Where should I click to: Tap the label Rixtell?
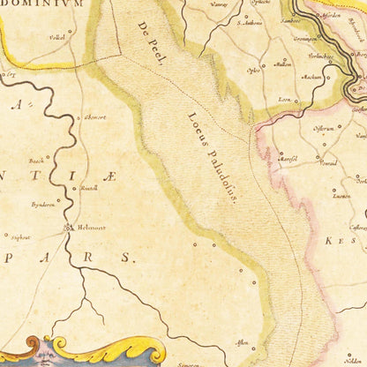[89, 189]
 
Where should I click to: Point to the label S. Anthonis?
[251, 23]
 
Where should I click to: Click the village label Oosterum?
[324, 128]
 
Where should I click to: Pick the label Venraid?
[328, 163]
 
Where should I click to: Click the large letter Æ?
[108, 177]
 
